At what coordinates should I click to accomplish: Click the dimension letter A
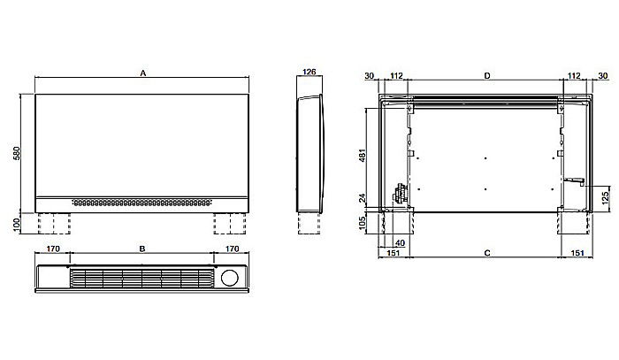tap(142, 75)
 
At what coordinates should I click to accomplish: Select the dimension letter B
tap(142, 249)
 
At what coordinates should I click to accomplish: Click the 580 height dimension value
tap(16, 153)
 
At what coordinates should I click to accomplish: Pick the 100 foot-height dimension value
tap(16, 224)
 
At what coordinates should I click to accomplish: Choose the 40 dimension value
tap(400, 243)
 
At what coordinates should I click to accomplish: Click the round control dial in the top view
tap(231, 277)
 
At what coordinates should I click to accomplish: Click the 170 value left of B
tap(53, 249)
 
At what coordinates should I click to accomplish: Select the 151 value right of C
tap(576, 254)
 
